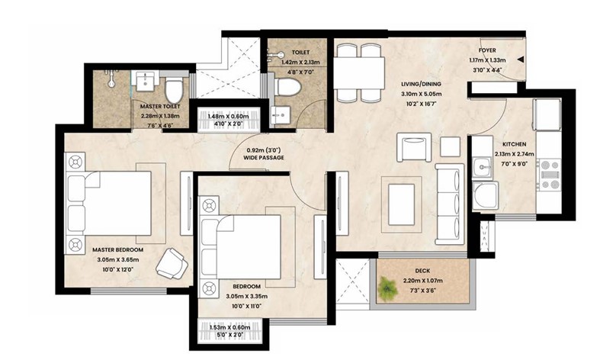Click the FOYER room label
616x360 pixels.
point(487,50)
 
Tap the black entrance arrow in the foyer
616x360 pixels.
point(521,59)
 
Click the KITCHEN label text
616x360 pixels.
point(515,144)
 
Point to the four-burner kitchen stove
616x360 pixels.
point(550,175)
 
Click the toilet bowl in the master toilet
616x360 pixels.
point(173,90)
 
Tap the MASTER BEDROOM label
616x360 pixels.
point(118,249)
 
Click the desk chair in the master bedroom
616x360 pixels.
point(172,264)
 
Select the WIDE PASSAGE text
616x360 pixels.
point(264,158)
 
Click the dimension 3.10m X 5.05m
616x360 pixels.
point(421,94)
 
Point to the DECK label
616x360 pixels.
point(422,271)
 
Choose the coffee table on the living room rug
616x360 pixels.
point(401,204)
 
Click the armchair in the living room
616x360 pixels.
point(414,147)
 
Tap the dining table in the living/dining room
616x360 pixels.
point(358,73)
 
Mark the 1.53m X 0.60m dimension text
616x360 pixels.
point(229,327)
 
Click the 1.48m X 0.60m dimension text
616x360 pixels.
point(228,117)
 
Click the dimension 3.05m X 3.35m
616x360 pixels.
point(247,297)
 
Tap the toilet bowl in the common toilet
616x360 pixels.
point(287,87)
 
